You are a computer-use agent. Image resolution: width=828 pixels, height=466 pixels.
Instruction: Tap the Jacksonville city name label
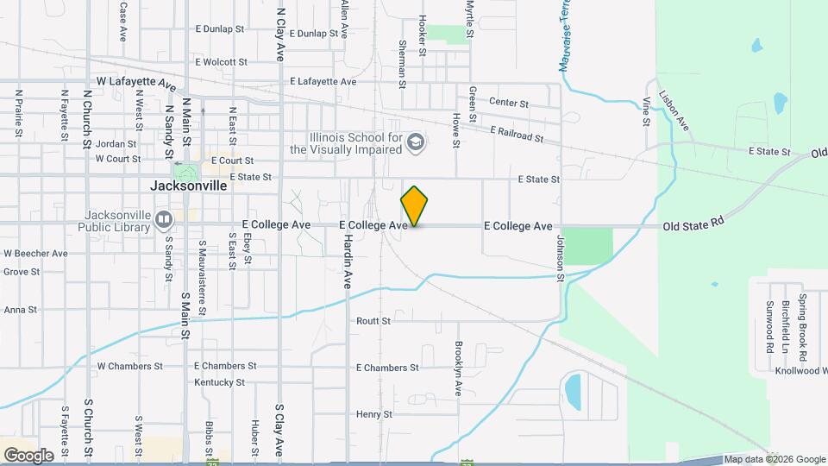188,186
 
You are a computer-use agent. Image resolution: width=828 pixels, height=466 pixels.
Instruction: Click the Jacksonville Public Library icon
163,221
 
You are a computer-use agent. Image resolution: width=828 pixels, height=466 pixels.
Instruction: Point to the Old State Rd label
693,226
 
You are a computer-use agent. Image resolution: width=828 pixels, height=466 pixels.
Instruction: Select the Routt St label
373,321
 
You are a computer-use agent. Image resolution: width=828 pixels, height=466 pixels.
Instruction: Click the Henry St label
374,414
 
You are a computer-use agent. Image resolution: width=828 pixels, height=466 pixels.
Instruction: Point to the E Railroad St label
516,135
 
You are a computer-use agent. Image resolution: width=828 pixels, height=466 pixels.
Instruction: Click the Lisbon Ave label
674,110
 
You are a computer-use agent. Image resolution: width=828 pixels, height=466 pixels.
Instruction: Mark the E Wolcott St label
221,62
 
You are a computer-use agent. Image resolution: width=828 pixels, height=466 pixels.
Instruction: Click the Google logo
28,456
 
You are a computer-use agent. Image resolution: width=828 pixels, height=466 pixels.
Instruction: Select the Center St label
508,103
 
